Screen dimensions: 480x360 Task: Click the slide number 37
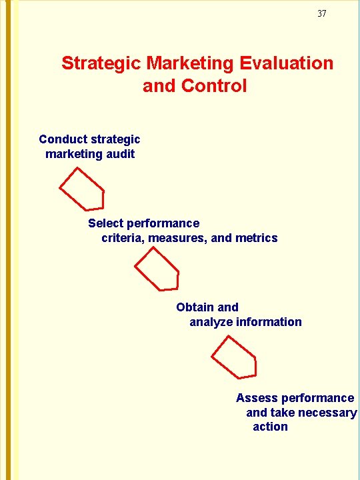point(322,13)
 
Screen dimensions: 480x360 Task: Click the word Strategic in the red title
point(101,63)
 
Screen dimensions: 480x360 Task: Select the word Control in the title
point(213,86)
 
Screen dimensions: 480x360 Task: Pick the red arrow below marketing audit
point(83,189)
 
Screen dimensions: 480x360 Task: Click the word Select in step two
point(105,223)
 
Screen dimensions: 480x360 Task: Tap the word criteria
point(123,238)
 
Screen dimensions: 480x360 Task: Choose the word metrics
point(257,238)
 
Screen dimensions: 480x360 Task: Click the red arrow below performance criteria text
point(157,269)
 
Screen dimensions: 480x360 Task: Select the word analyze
point(211,322)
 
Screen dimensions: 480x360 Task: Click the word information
point(269,322)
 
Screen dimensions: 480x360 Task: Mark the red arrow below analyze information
point(235,357)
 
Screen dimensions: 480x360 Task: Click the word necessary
point(327,413)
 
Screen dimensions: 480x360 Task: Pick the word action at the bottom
point(270,427)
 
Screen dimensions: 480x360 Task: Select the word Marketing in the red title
point(189,63)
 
